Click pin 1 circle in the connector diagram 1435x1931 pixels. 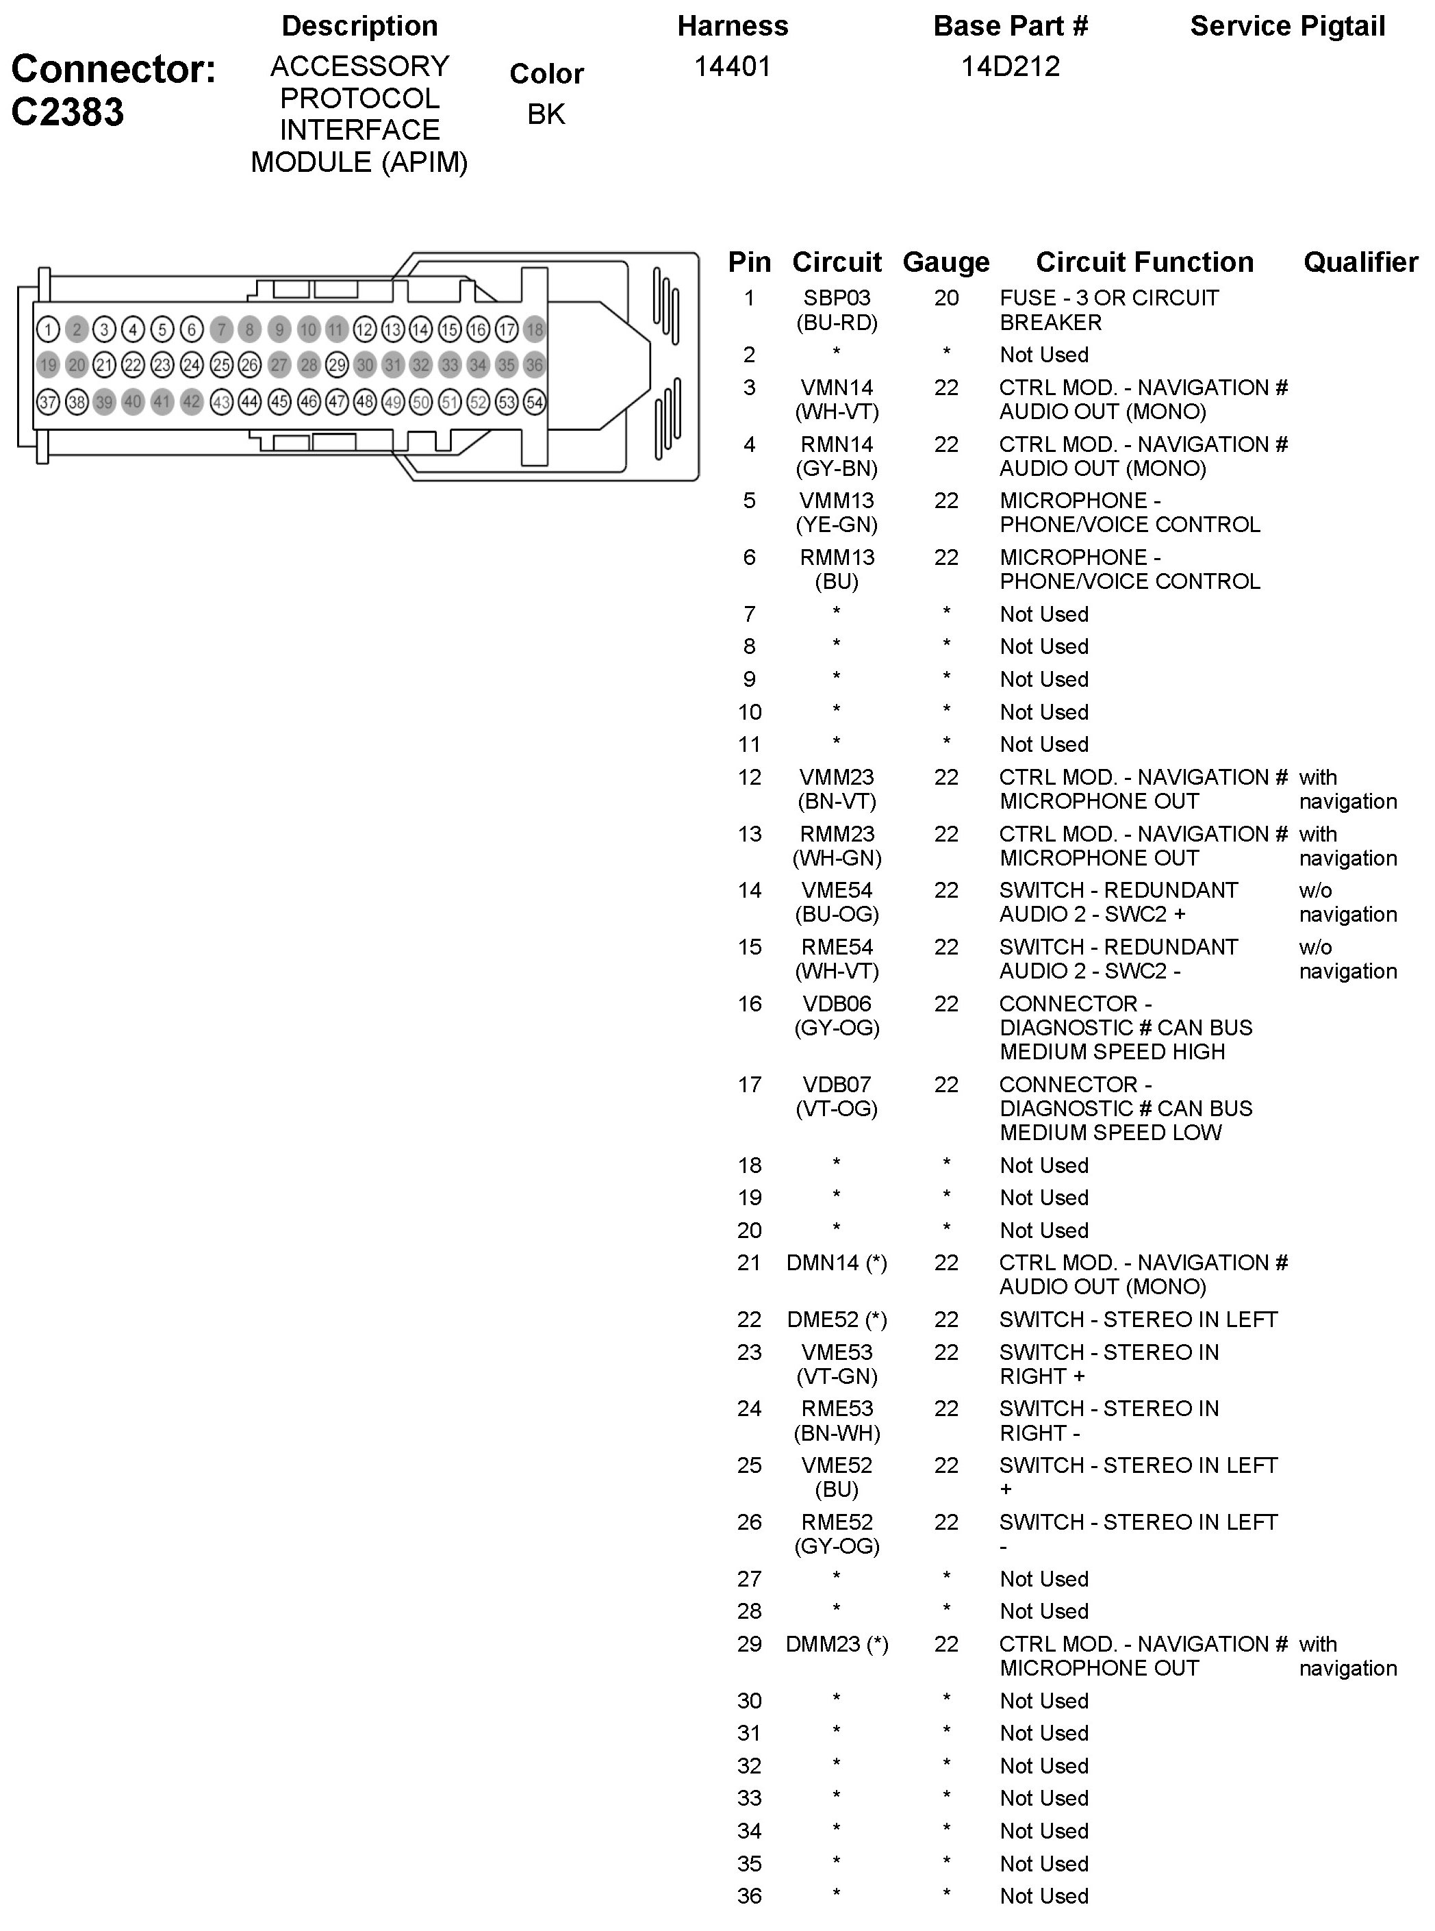click(x=48, y=330)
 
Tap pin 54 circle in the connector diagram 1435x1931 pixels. click(x=534, y=402)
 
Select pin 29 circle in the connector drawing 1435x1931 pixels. click(x=336, y=366)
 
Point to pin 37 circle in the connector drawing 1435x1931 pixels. click(x=48, y=402)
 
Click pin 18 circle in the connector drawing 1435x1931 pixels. click(x=534, y=330)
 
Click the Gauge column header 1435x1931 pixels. click(x=946, y=262)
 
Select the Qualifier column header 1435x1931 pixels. click(x=1360, y=262)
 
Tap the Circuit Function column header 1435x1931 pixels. click(x=1144, y=262)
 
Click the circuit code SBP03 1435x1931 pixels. click(x=837, y=298)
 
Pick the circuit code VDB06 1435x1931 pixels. click(x=837, y=1004)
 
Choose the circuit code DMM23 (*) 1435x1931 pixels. click(x=837, y=1644)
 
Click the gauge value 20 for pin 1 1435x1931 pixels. click(x=946, y=298)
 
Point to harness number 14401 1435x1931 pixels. click(x=733, y=67)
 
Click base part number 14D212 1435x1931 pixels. click(x=1011, y=67)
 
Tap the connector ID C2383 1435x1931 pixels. click(x=68, y=113)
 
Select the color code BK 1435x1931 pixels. click(x=546, y=114)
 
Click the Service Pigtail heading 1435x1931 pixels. click(x=1287, y=27)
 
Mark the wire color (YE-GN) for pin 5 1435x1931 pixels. click(x=837, y=525)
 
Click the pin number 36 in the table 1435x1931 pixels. click(x=749, y=1896)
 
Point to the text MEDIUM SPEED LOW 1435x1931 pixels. click(x=1110, y=1133)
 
